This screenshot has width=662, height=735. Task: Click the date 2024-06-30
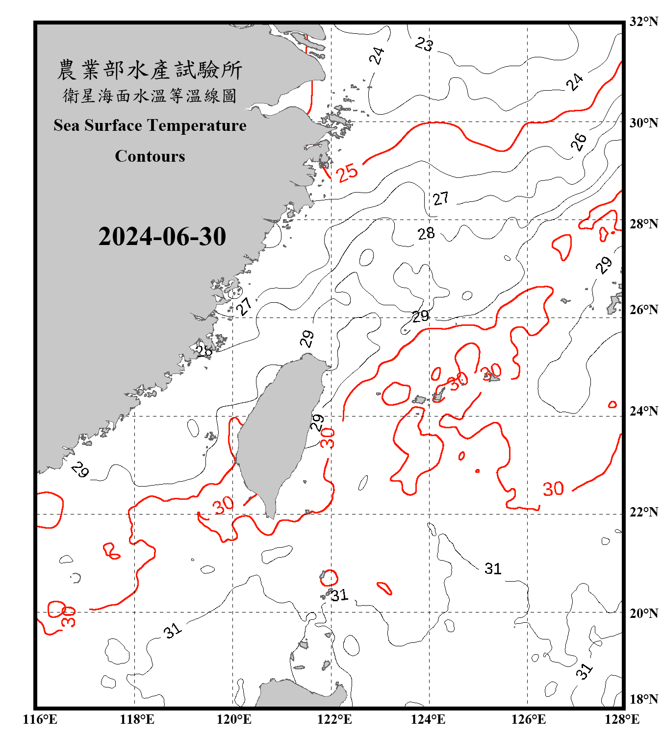162,237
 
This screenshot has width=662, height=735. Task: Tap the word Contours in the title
150,156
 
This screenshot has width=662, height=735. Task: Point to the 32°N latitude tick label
643,22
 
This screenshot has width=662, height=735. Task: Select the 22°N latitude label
643,512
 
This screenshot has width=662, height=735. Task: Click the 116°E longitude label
40,719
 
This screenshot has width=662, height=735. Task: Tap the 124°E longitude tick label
428,719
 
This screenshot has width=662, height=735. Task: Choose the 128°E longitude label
622,719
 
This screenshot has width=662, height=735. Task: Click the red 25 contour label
347,172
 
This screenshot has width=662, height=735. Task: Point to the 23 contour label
424,44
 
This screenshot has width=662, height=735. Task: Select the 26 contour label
579,142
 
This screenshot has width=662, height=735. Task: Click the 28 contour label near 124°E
426,233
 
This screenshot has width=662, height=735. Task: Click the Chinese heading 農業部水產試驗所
150,70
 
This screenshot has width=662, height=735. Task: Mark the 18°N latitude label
643,699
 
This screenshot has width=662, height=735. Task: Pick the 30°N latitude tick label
643,123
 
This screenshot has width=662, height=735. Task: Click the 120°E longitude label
234,719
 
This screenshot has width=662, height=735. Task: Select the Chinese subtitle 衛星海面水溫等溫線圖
150,96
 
